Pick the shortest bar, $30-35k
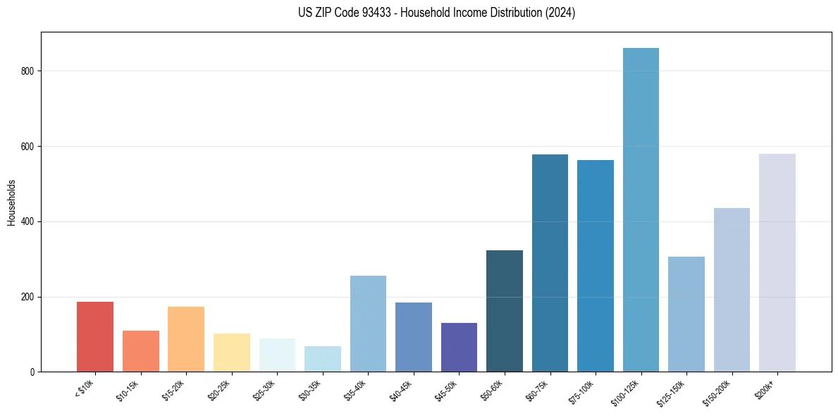pyautogui.click(x=323, y=359)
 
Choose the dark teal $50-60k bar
pyautogui.click(x=505, y=311)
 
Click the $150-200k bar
pyautogui.click(x=732, y=290)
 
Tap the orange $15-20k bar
pyautogui.click(x=186, y=339)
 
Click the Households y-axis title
pyautogui.click(x=11, y=202)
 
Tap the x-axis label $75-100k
pyautogui.click(x=581, y=391)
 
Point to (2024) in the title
pyautogui.click(x=560, y=13)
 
